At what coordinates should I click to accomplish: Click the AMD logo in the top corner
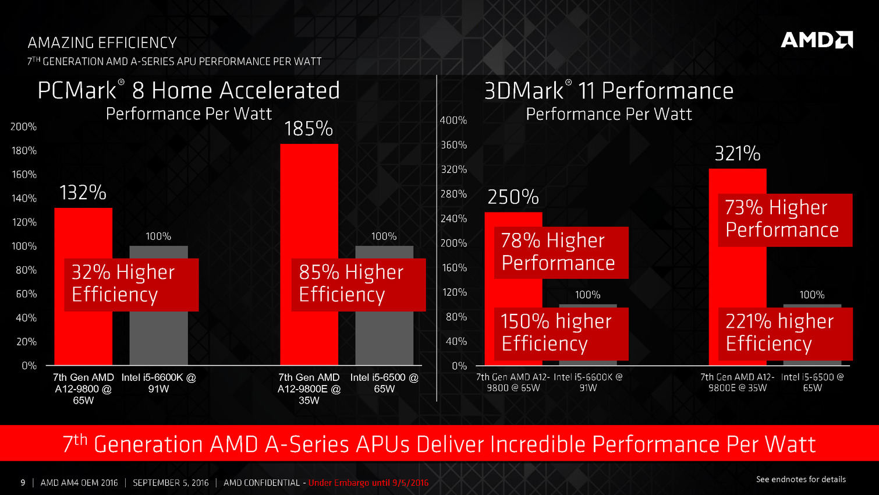[x=816, y=40]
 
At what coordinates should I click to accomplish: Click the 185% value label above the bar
[x=308, y=129]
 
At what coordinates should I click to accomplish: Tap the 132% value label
[x=83, y=193]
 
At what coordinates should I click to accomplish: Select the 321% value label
[x=737, y=154]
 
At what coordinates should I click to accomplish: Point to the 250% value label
[x=513, y=197]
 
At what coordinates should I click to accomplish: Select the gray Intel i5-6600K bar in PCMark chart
[x=158, y=338]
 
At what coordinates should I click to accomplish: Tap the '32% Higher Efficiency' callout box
[x=132, y=284]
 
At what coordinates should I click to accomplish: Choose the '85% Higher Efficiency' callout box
[x=359, y=284]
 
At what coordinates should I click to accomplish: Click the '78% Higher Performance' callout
[x=561, y=252]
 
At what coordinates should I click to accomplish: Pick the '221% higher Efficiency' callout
[x=785, y=333]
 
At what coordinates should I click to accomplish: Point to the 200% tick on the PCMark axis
[x=23, y=126]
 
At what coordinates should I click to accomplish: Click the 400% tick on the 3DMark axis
[x=453, y=120]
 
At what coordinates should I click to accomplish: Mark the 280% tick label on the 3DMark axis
[x=453, y=194]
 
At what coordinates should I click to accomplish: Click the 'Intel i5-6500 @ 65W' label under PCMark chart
[x=384, y=383]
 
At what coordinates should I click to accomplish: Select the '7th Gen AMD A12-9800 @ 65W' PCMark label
[x=83, y=388]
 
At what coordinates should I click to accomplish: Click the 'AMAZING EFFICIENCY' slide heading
[x=102, y=43]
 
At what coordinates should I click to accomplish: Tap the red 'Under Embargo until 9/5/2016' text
[x=368, y=483]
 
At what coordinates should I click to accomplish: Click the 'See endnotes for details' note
[x=800, y=479]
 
